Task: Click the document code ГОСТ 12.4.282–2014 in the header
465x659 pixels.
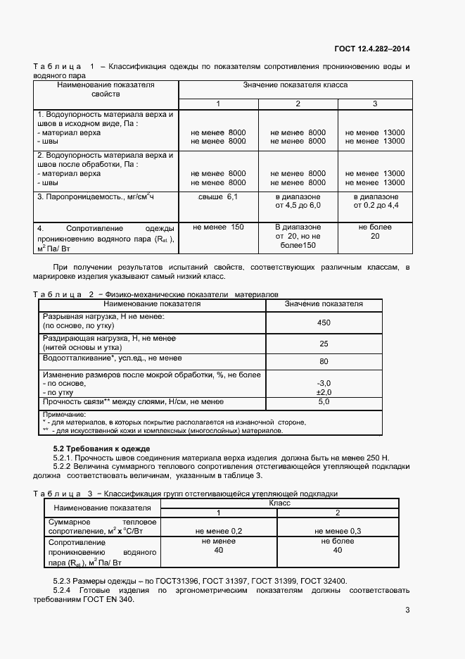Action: [373, 49]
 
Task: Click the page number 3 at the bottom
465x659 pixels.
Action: [407, 610]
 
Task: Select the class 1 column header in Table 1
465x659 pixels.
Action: [217, 103]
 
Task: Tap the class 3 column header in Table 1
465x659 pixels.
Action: [375, 103]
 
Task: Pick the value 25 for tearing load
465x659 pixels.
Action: [324, 344]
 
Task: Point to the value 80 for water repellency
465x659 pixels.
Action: [324, 361]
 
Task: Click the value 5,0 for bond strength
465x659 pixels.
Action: [324, 401]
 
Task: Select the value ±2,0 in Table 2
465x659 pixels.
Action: [324, 392]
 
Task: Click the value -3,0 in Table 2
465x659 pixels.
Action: [324, 383]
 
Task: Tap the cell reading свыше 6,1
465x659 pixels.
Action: [217, 196]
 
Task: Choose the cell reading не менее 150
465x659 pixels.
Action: [217, 227]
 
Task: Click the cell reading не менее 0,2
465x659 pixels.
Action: [217, 530]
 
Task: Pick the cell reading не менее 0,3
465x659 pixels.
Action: [337, 530]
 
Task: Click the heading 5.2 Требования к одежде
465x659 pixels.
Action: [102, 448]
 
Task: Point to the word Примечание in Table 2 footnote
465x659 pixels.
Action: [64, 414]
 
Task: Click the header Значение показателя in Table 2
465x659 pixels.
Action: [324, 303]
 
